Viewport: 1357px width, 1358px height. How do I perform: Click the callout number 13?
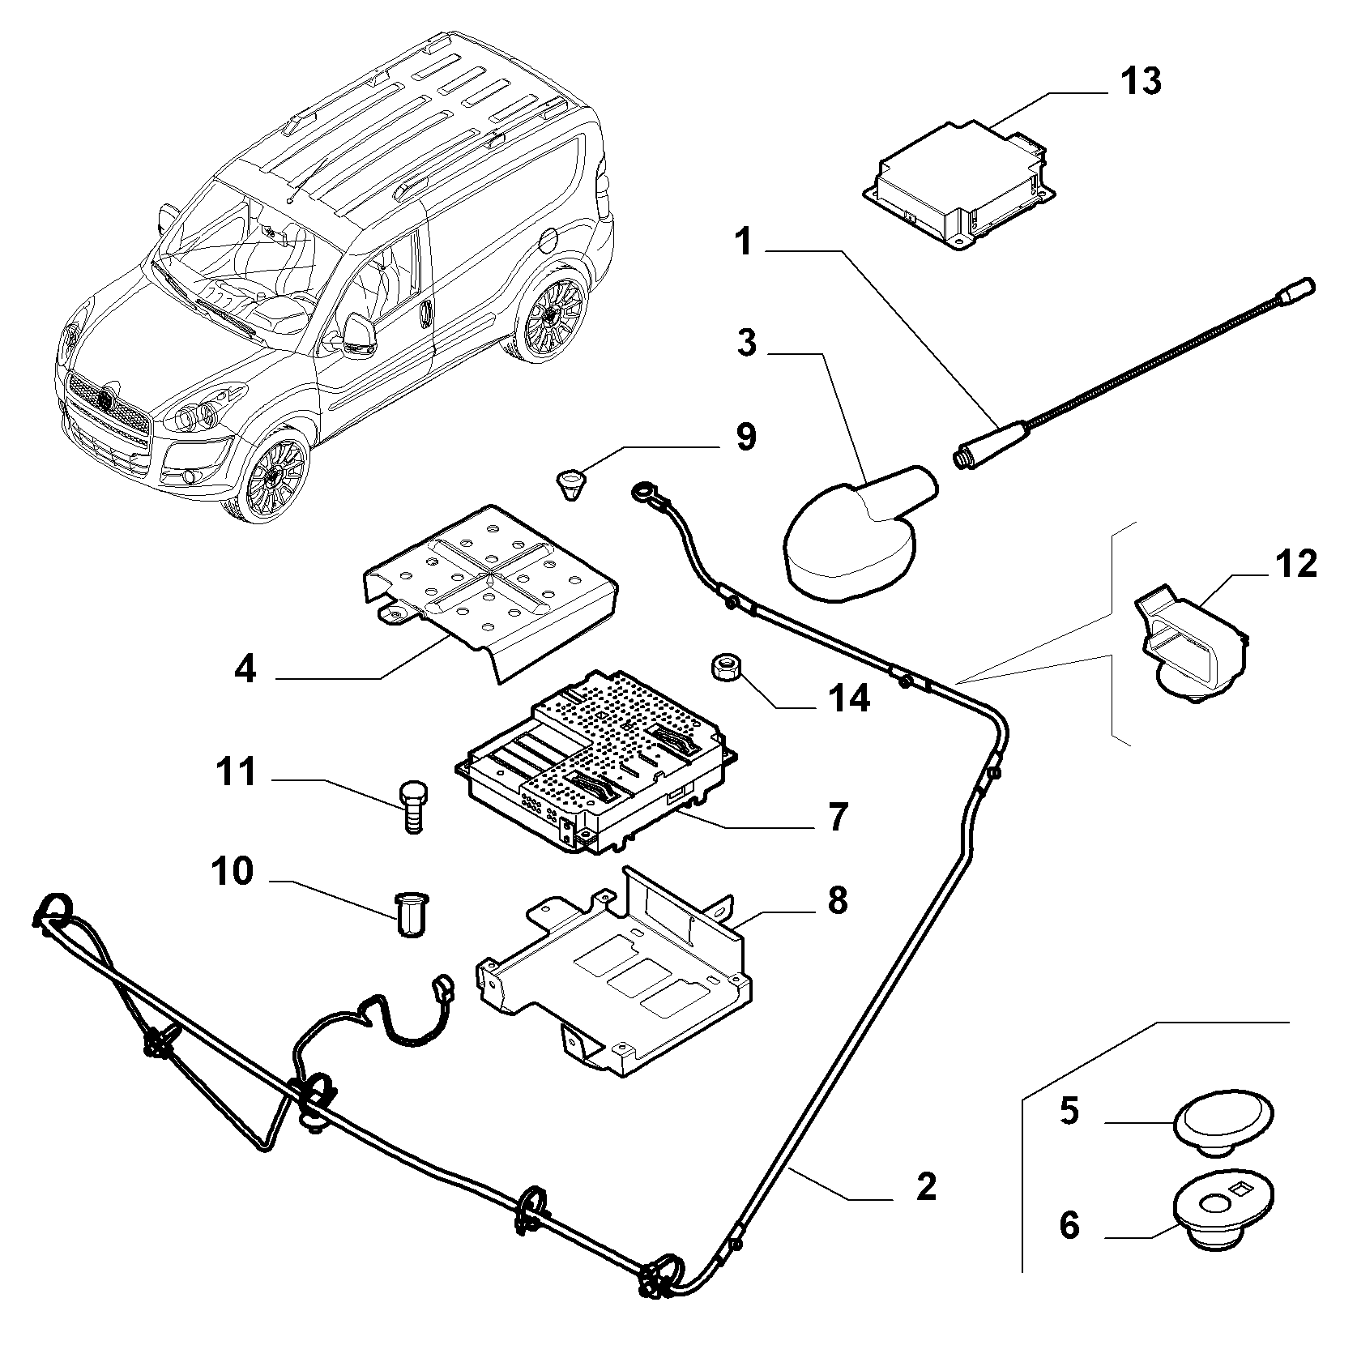pos(1140,83)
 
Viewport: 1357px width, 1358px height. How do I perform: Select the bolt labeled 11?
pos(414,805)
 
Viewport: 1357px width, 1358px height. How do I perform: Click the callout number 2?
pos(924,1186)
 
